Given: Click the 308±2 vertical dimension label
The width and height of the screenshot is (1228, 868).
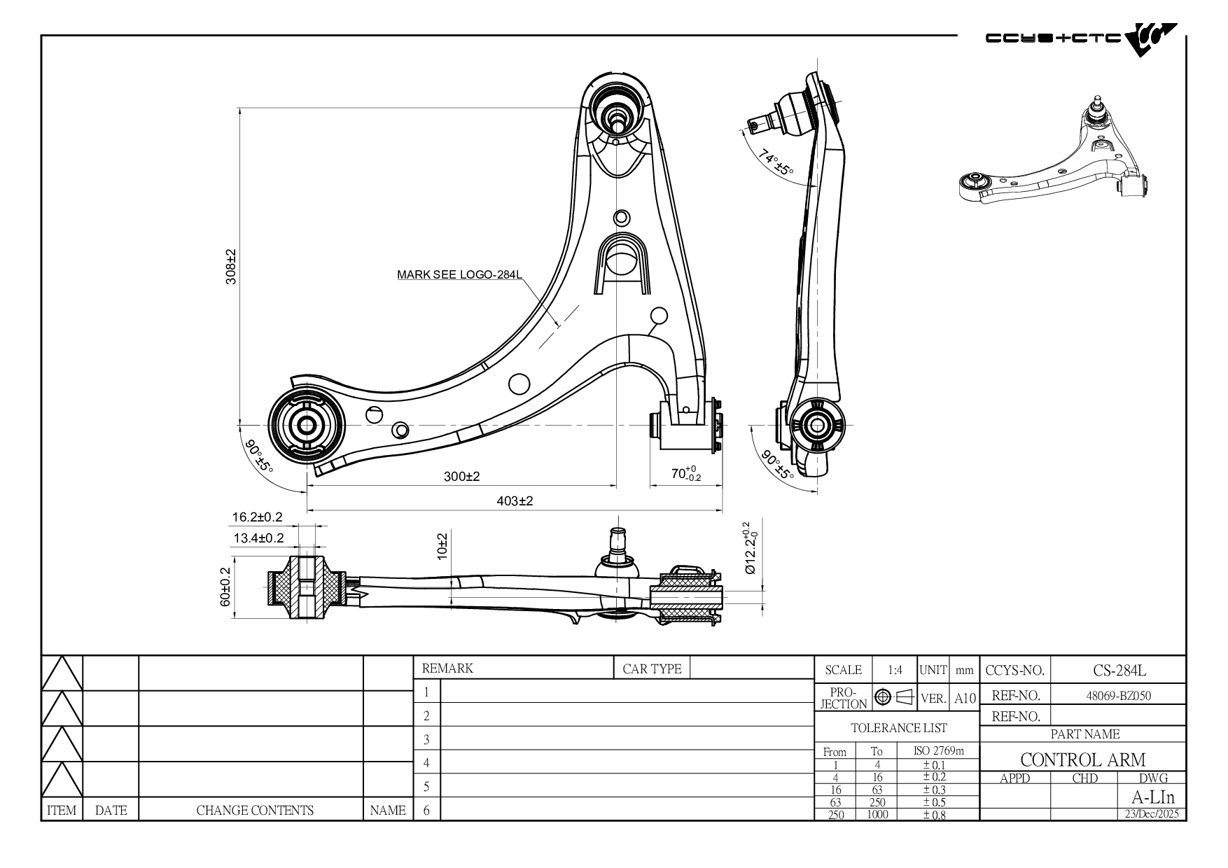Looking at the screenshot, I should (x=231, y=267).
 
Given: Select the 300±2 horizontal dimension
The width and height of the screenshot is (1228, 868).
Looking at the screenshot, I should (x=462, y=477).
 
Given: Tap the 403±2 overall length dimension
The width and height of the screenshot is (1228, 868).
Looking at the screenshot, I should (x=515, y=501).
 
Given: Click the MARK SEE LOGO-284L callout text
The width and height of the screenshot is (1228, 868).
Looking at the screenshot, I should (x=459, y=274).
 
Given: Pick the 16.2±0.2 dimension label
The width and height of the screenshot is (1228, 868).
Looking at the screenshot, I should (x=257, y=517).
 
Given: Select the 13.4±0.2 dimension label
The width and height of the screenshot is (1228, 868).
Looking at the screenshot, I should (x=258, y=538).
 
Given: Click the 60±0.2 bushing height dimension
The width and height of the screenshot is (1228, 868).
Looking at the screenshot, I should (x=225, y=587).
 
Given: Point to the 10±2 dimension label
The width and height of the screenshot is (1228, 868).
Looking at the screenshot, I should (x=442, y=545).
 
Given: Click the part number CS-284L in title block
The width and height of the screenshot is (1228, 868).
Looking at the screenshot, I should (x=1119, y=670).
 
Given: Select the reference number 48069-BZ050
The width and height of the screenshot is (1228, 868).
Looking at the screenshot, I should (x=1119, y=696).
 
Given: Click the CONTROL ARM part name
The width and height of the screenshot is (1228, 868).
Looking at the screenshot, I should (x=1082, y=759).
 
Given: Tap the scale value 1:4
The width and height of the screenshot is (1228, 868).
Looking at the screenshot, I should (x=895, y=670).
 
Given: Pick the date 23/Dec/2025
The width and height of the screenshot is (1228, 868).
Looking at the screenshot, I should (x=1151, y=814).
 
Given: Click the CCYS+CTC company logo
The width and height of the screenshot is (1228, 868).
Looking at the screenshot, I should (x=1081, y=39).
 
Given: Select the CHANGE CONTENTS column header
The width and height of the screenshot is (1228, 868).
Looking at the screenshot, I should (x=255, y=811).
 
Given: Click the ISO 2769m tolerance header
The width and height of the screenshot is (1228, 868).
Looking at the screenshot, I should (x=938, y=751).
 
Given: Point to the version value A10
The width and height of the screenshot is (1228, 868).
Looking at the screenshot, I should (x=965, y=698).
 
